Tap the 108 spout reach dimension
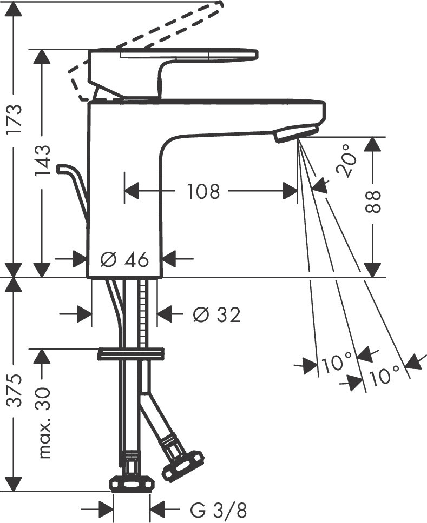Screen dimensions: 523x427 (203, 191)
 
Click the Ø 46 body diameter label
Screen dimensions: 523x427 (125, 260)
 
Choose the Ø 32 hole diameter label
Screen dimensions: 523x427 (216, 314)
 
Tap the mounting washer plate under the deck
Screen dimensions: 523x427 (130, 354)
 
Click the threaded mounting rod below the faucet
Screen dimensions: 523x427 (143, 313)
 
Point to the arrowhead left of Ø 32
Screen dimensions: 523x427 (84, 313)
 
